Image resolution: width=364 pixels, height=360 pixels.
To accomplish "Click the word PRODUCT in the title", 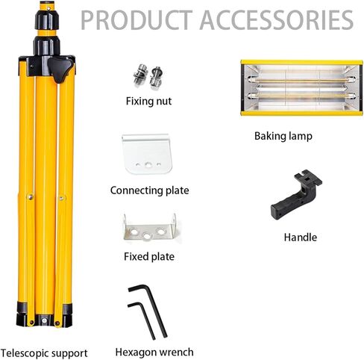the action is click(136, 20).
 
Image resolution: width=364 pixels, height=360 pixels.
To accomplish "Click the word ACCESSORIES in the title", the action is click(277, 20).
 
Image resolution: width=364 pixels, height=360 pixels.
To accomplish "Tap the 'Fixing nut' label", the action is click(148, 102).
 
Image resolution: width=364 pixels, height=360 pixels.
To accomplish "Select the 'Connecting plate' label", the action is click(149, 190).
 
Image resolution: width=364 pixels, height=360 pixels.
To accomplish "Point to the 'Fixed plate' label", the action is click(149, 257).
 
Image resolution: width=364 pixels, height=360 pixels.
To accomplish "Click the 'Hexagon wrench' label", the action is click(154, 353).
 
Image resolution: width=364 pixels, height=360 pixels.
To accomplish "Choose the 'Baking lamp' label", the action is click(283, 137).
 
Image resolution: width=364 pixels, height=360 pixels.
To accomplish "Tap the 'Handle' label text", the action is click(301, 238).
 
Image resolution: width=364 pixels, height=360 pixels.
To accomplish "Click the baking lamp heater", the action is click(301, 87).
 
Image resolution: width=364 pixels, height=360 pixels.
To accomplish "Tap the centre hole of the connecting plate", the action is click(148, 164).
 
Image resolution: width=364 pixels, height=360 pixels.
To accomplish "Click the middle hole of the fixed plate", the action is click(147, 235).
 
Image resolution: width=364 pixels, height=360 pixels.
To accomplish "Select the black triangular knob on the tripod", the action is click(61, 69).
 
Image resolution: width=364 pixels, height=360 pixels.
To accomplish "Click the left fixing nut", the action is click(140, 75).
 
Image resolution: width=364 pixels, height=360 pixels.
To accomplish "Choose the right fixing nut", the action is click(157, 78).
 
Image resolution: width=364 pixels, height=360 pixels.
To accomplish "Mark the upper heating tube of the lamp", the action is click(301, 80).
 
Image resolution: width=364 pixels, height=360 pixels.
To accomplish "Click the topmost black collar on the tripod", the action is click(47, 20).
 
